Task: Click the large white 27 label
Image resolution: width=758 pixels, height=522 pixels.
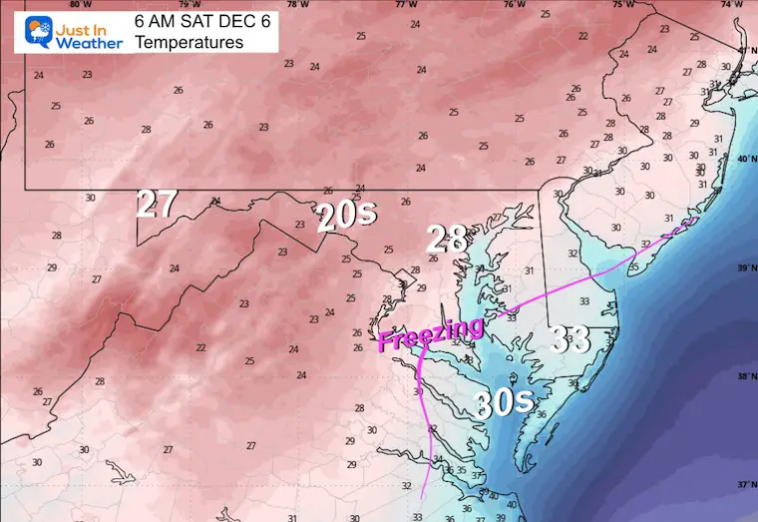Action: point(157,204)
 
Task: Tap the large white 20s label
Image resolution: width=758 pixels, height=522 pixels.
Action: point(339,217)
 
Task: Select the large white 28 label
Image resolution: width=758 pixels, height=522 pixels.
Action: point(447,240)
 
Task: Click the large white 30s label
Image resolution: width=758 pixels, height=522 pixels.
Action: point(503,405)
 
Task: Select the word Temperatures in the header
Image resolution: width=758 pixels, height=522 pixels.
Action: point(189,43)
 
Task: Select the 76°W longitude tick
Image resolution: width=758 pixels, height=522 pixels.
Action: point(514,4)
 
